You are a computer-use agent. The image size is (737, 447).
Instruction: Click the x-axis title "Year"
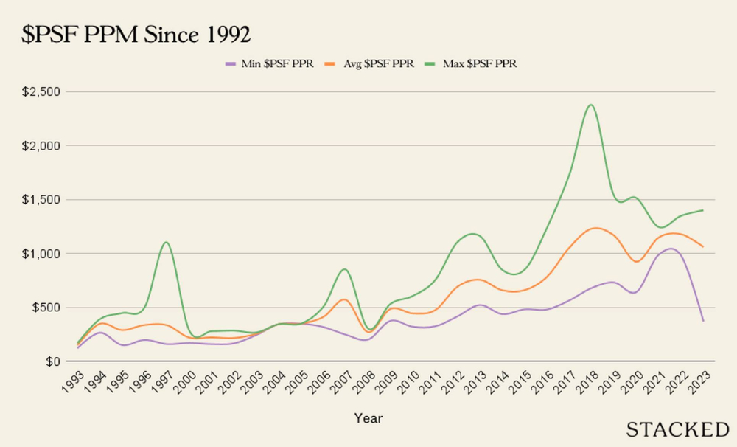[368, 418]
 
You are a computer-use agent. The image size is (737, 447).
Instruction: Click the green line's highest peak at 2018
[590, 105]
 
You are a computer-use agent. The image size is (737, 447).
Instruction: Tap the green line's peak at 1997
[166, 242]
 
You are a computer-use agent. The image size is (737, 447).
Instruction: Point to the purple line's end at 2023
[703, 321]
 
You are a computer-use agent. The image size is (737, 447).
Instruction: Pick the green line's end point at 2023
[703, 210]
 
